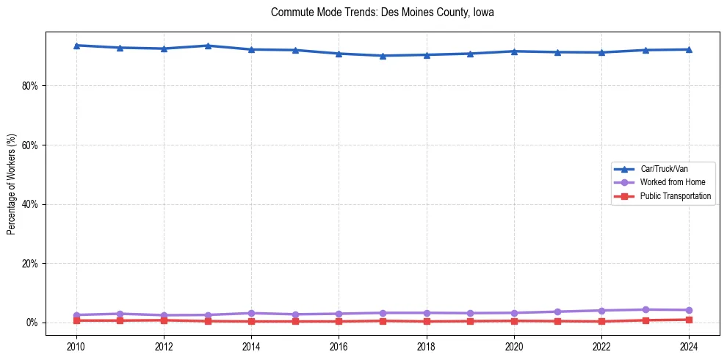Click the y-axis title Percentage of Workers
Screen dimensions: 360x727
[11, 184]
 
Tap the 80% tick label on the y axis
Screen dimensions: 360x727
[30, 86]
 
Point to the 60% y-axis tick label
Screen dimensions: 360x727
[30, 145]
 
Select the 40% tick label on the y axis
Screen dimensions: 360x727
[30, 204]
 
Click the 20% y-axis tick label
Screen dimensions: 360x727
[30, 264]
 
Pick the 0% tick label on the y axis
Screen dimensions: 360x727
[33, 323]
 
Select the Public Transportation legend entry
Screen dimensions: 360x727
[675, 196]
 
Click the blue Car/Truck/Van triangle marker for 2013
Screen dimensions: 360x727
[208, 46]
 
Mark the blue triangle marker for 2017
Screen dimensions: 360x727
[383, 56]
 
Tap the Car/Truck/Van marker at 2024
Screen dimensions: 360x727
[689, 49]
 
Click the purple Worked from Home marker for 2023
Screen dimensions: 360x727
[645, 309]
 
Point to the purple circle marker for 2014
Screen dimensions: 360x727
[251, 313]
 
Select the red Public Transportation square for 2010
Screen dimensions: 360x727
[76, 320]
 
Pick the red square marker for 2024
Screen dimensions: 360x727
[689, 320]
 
